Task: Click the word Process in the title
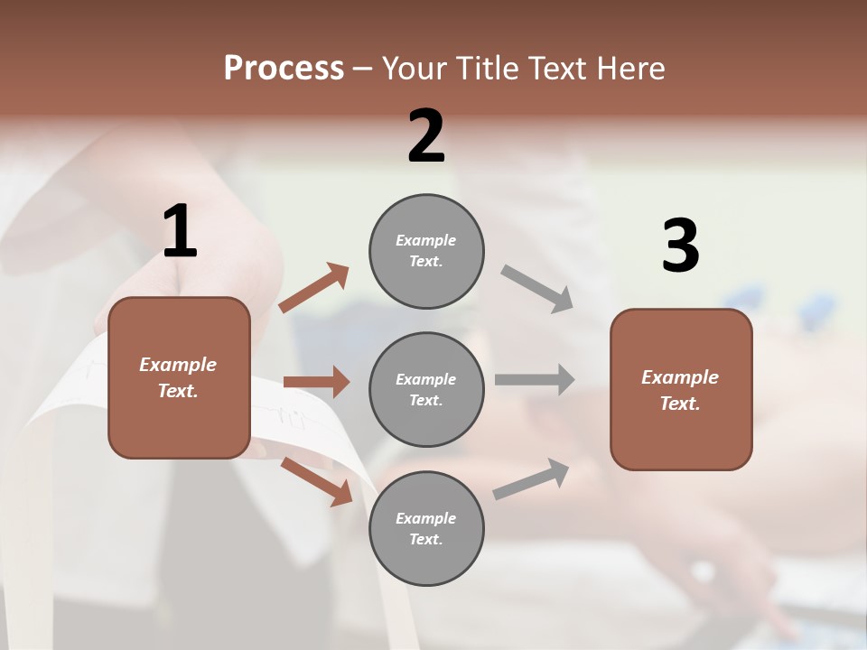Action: point(284,68)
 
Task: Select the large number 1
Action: point(180,232)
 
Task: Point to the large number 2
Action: point(426,136)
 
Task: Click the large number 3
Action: point(680,246)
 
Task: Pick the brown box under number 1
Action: point(179,377)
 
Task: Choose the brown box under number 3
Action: point(681,389)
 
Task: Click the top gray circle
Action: point(426,251)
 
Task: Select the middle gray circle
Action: point(426,389)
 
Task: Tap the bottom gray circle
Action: point(426,528)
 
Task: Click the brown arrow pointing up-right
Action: point(314,288)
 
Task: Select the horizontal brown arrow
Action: point(316,382)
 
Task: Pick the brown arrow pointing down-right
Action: point(316,481)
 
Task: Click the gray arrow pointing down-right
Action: point(537,289)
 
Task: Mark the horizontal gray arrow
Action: point(535,379)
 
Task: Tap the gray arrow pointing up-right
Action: point(532,479)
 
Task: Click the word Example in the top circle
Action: point(425,240)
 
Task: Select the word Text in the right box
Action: point(679,404)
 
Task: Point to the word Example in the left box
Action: point(178,365)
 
